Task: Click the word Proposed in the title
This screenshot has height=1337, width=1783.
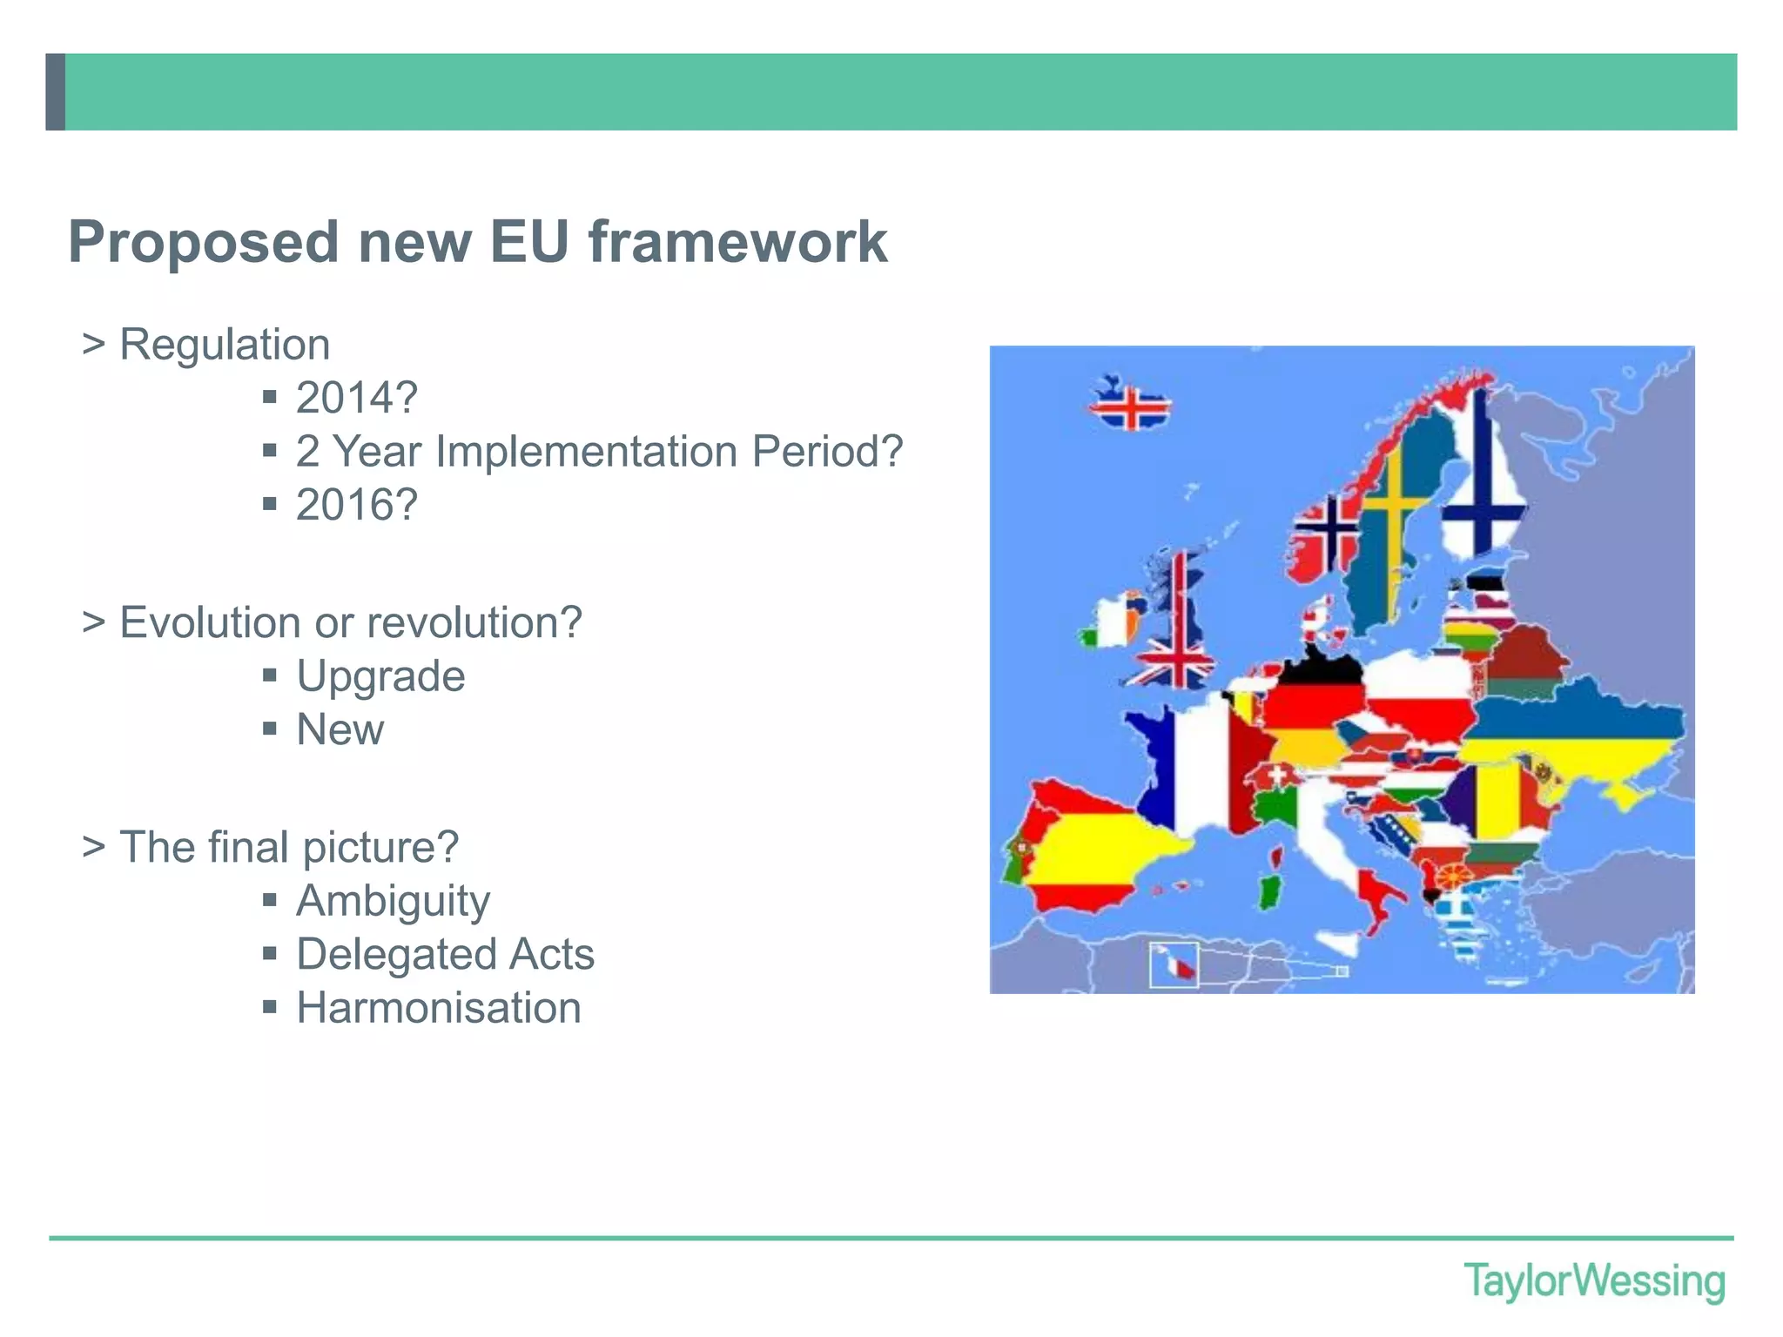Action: pos(203,242)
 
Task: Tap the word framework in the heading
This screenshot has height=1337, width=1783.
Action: pos(737,242)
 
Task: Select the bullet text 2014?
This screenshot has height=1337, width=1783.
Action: pos(357,399)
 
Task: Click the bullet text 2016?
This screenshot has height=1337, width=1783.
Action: pos(357,506)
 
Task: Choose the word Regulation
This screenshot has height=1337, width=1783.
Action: pos(225,345)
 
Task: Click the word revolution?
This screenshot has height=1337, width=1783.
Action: pos(474,623)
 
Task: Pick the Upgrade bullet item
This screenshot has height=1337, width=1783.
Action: pos(380,676)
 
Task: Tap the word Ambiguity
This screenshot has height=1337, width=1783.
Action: pos(393,901)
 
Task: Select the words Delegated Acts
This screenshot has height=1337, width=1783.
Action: pos(445,954)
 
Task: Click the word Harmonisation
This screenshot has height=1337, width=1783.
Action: pos(439,1008)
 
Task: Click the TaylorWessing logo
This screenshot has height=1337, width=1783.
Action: pos(1593,1281)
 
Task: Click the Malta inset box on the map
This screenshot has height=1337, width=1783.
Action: pos(1174,964)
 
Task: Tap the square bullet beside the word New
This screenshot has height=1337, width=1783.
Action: pos(270,729)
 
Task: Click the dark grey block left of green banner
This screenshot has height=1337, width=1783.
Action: pos(55,92)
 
